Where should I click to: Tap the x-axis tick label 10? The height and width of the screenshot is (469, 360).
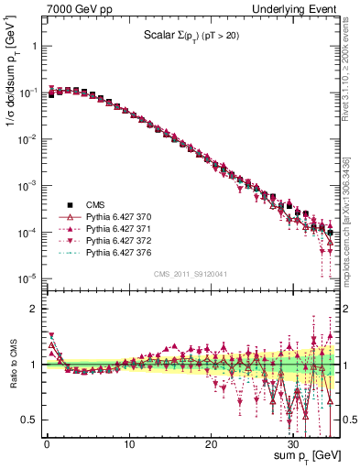(130, 444)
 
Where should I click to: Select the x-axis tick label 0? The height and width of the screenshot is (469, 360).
(48, 444)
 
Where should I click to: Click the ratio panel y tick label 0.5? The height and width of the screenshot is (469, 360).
(29, 420)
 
